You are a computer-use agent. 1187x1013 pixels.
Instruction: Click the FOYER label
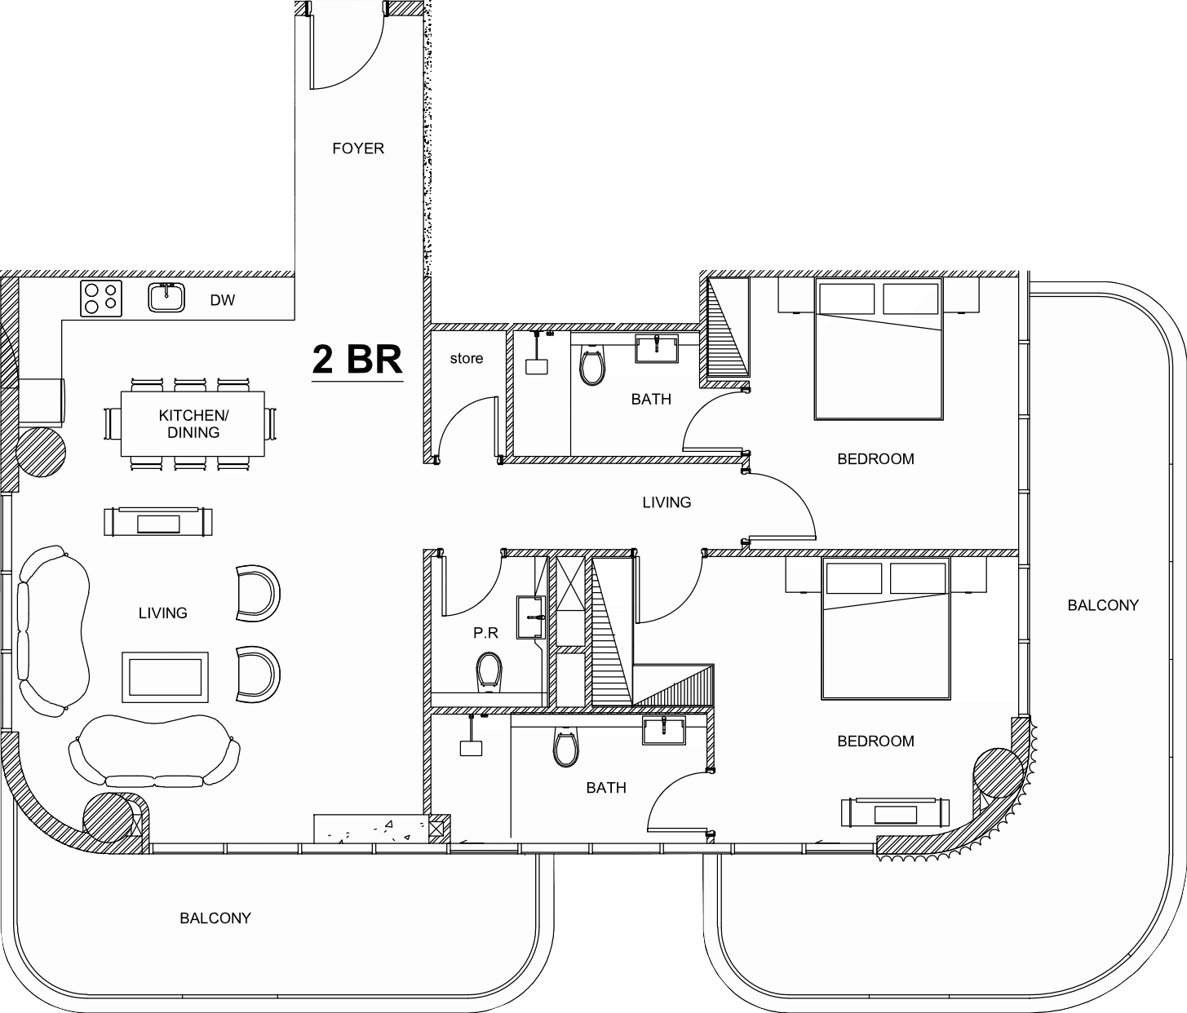[358, 148]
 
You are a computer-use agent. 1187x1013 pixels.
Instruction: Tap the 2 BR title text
[357, 360]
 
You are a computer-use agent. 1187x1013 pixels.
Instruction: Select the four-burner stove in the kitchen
[101, 299]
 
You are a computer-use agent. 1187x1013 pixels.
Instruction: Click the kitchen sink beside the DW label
[166, 298]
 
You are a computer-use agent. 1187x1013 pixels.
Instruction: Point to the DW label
[223, 300]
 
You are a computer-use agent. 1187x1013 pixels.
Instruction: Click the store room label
[467, 358]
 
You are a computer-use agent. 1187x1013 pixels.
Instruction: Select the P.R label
[486, 633]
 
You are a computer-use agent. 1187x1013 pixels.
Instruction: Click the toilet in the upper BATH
[592, 364]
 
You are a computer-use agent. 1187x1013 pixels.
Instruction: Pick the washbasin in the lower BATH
[664, 731]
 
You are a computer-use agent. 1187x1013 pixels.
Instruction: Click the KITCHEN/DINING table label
[193, 424]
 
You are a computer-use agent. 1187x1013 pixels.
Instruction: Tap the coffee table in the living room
[166, 677]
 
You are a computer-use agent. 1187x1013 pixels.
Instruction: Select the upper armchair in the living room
[258, 593]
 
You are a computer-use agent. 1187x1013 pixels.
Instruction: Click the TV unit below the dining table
[158, 522]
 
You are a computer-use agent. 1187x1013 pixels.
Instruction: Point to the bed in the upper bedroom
[879, 348]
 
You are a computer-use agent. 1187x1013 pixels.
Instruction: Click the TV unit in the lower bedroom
[895, 812]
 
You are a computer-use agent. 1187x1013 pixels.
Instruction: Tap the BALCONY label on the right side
[1103, 605]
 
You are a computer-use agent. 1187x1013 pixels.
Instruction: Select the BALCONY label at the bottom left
[215, 918]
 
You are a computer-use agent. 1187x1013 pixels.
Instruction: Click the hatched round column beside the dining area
[41, 452]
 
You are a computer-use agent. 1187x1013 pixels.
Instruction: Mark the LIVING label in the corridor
[667, 502]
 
